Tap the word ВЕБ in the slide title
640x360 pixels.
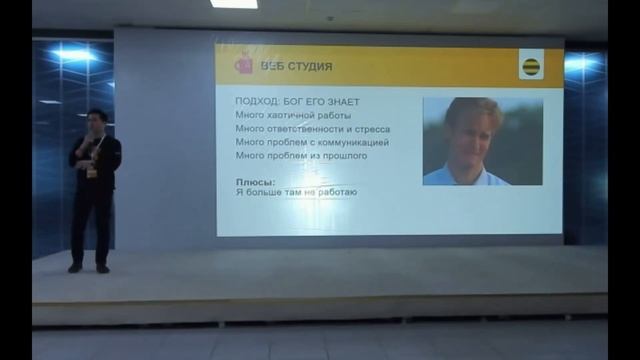(271, 67)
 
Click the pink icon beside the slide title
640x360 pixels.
(243, 65)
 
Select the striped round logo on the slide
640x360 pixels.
(531, 67)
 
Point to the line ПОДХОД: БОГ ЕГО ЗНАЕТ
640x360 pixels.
(296, 102)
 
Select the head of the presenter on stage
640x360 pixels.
(95, 120)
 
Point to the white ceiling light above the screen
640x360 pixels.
(234, 4)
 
